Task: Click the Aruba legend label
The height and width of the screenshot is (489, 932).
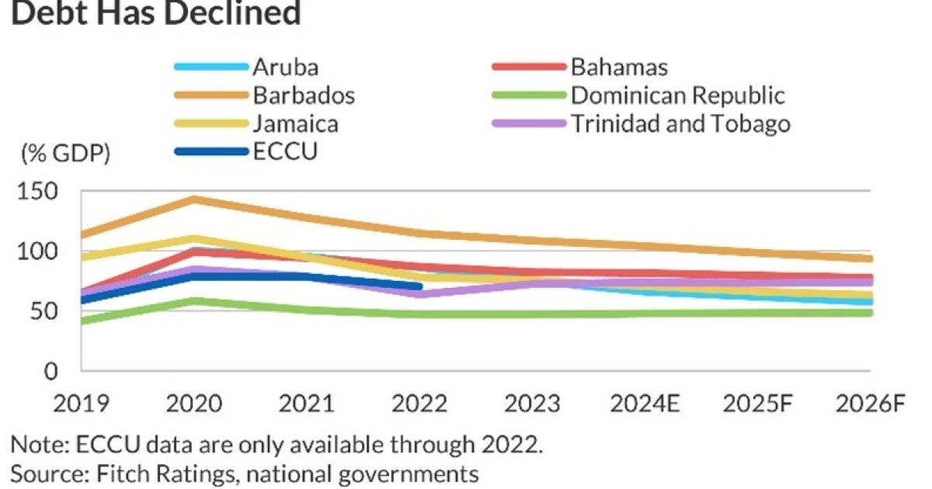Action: tap(285, 68)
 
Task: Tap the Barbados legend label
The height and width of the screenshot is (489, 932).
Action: tap(304, 95)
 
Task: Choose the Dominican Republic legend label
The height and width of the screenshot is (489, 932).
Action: tap(678, 95)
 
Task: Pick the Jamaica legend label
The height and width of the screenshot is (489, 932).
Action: tap(295, 123)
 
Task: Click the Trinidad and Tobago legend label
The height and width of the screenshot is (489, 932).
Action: tap(681, 123)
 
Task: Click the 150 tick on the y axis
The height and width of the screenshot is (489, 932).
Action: tap(37, 192)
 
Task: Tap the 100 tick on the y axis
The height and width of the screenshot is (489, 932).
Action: tap(37, 251)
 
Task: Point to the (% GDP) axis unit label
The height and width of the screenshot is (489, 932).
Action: tap(65, 153)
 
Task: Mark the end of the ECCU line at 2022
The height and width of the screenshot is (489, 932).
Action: tap(419, 286)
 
